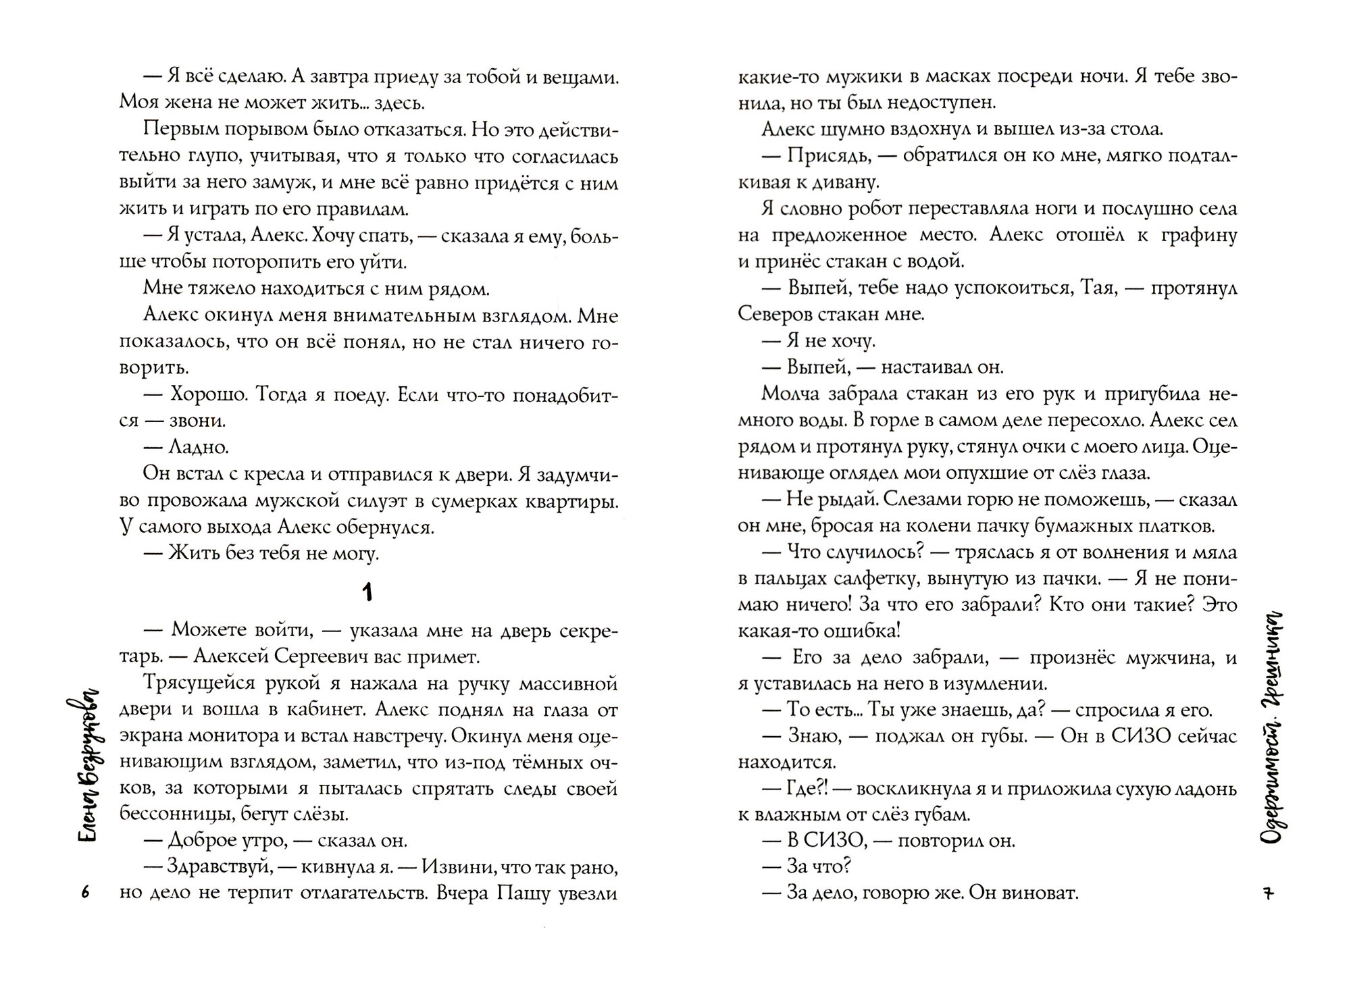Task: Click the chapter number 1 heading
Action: point(367,593)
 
